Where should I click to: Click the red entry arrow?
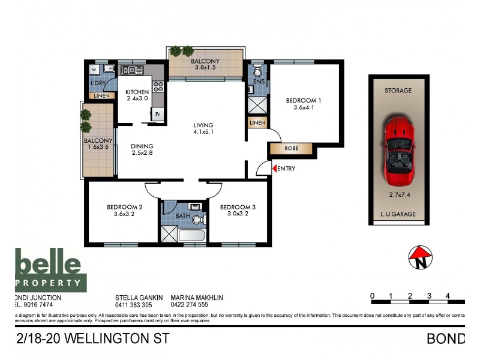(275, 169)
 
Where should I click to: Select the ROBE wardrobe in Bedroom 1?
(292, 148)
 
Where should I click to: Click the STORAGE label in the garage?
(398, 91)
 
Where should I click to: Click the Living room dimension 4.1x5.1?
(203, 132)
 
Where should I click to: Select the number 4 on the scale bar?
(448, 295)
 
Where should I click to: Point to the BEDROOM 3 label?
(238, 208)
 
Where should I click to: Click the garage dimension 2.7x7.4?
(398, 194)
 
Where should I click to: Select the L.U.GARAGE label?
(398, 214)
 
